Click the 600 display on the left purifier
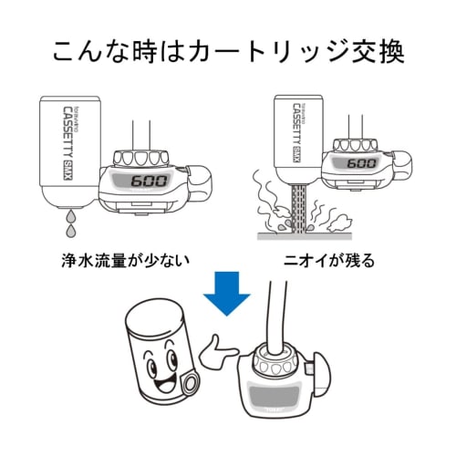[147, 180]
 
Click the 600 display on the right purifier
[362, 163]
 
